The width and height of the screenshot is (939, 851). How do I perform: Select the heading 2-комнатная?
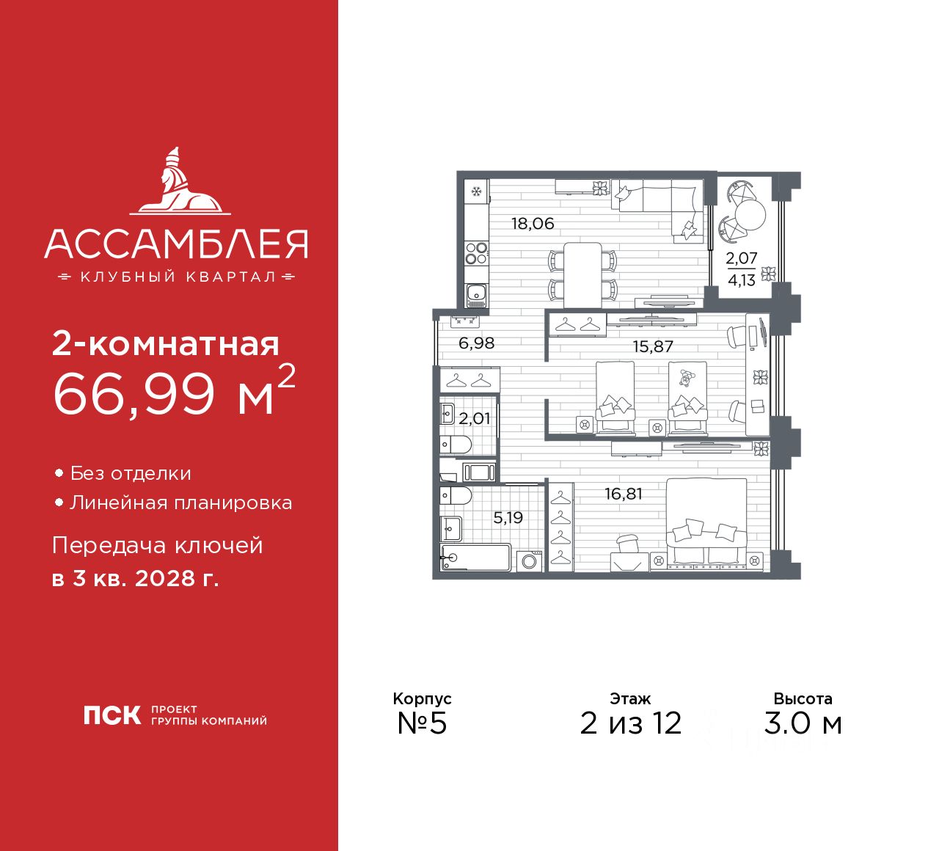pos(166,343)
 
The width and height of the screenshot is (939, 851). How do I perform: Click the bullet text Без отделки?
pos(131,474)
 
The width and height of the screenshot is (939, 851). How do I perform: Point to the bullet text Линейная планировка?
pos(180,503)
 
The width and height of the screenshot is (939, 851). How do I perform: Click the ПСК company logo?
pos(112,715)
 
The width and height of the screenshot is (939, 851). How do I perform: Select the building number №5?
pos(422,723)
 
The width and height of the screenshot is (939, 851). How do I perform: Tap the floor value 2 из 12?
pos(630,723)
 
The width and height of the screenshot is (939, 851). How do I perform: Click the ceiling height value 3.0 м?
pos(803,723)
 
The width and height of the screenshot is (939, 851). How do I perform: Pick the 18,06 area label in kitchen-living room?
pos(533,224)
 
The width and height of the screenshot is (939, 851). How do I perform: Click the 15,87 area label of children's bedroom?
pos(653,346)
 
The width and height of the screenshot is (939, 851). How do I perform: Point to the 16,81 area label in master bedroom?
pos(623,494)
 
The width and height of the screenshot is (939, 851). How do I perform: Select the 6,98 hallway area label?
pos(476,343)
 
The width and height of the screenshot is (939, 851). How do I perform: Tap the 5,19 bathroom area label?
pos(508,518)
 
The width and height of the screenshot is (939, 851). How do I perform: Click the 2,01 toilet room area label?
pos(474,419)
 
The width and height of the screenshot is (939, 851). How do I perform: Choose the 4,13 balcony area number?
pos(742,280)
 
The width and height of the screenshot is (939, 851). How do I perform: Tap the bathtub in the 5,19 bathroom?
pos(475,558)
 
